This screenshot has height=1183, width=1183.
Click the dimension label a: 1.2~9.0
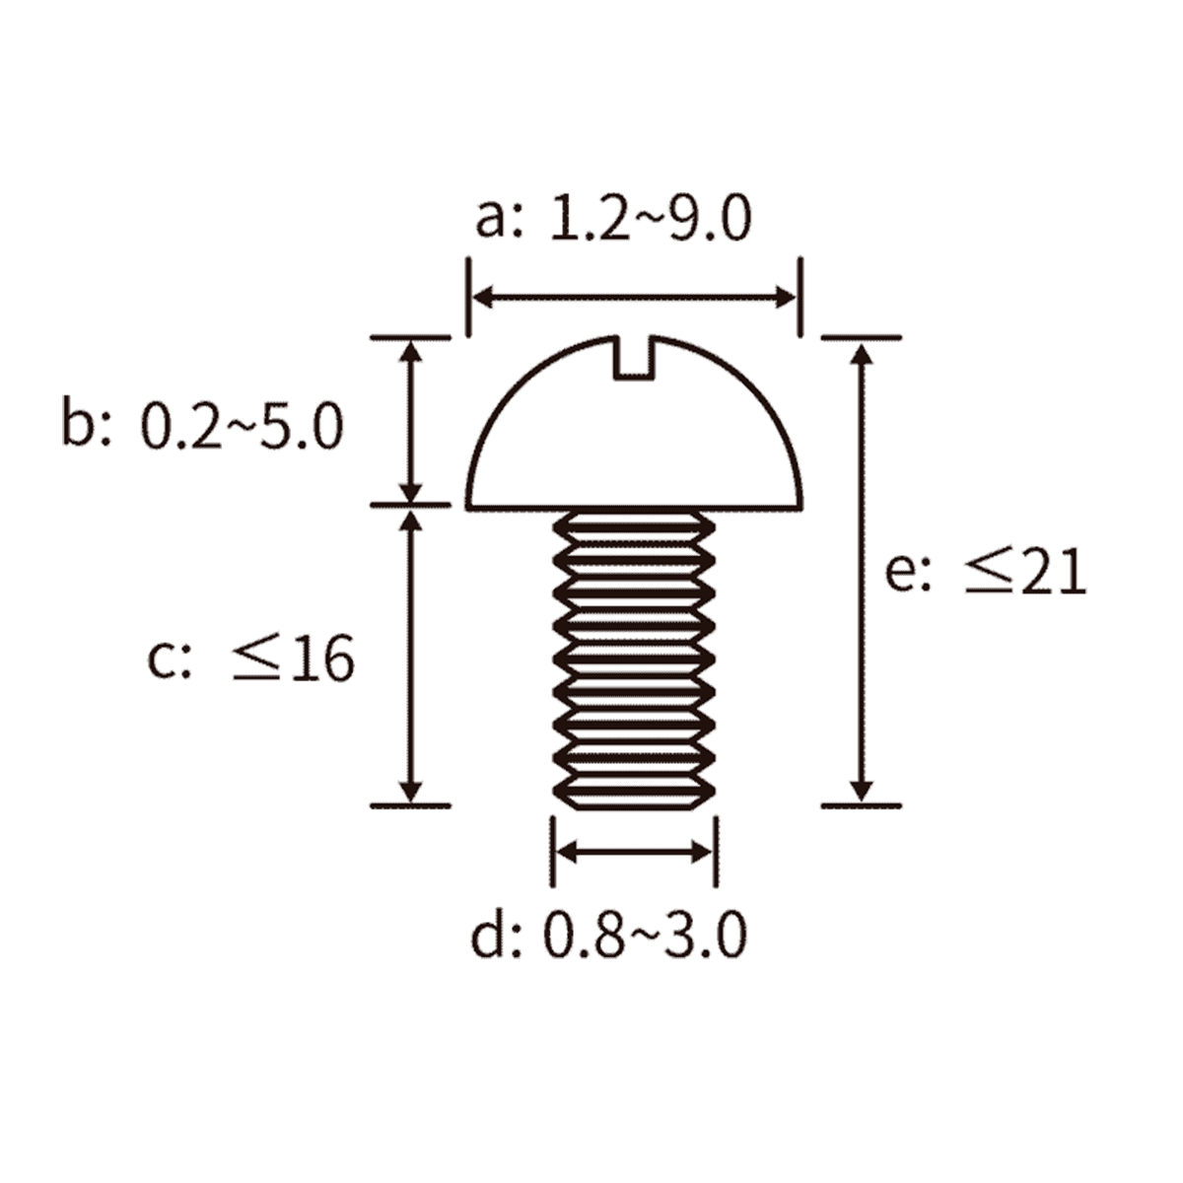tap(613, 218)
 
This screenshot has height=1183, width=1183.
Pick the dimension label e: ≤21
tap(985, 572)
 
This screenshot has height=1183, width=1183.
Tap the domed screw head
tap(635, 423)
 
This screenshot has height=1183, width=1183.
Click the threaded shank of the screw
tap(634, 660)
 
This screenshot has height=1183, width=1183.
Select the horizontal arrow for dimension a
tap(635, 299)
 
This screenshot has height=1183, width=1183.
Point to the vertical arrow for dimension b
tap(411, 422)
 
